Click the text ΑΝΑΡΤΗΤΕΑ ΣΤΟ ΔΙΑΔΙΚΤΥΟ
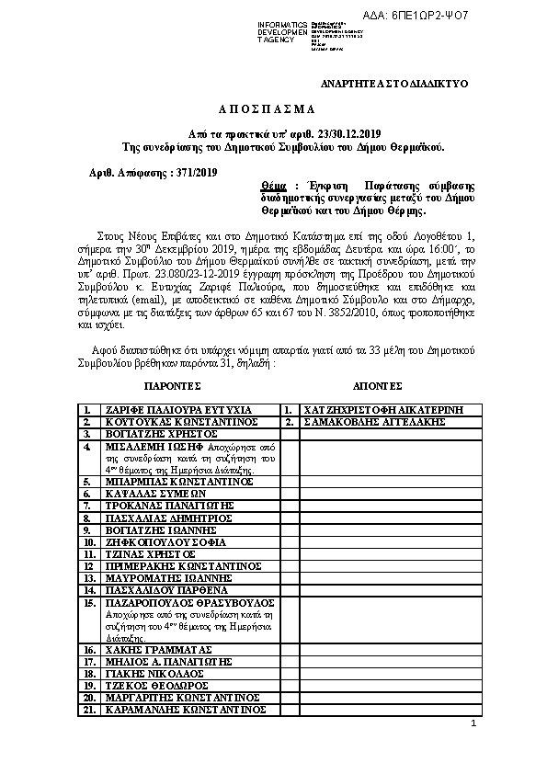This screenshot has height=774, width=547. [393, 84]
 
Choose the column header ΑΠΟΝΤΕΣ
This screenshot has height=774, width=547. [377, 385]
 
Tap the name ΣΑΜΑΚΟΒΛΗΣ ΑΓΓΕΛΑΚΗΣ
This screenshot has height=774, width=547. [372, 421]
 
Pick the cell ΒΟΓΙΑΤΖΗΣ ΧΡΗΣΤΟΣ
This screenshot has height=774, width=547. [161, 433]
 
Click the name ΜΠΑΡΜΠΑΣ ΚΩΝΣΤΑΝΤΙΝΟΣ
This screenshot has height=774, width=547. [179, 481]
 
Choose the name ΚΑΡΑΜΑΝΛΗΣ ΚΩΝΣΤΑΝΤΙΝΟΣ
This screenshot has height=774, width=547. [186, 710]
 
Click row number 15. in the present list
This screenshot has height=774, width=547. [90, 603]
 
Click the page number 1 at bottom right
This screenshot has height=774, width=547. [473, 724]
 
